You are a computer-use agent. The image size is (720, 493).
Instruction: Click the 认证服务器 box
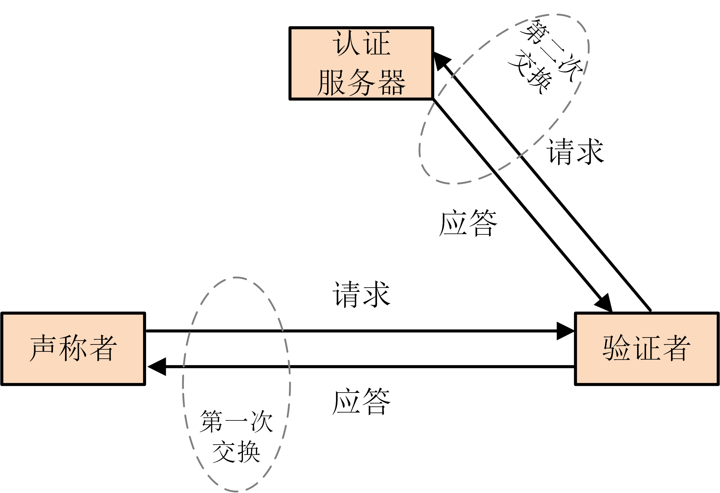[361, 64]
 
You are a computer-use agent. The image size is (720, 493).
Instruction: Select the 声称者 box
[73, 349]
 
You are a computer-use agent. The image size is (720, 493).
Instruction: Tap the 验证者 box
[646, 349]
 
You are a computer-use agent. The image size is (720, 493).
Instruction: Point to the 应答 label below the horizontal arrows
[361, 401]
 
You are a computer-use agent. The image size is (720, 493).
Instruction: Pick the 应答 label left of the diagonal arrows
[468, 223]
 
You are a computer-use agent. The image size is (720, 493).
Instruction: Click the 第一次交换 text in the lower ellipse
[236, 437]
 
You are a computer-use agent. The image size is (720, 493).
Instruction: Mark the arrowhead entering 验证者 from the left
[566, 331]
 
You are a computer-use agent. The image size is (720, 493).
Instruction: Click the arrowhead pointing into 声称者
[157, 367]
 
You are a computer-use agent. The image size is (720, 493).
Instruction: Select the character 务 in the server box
[361, 82]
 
